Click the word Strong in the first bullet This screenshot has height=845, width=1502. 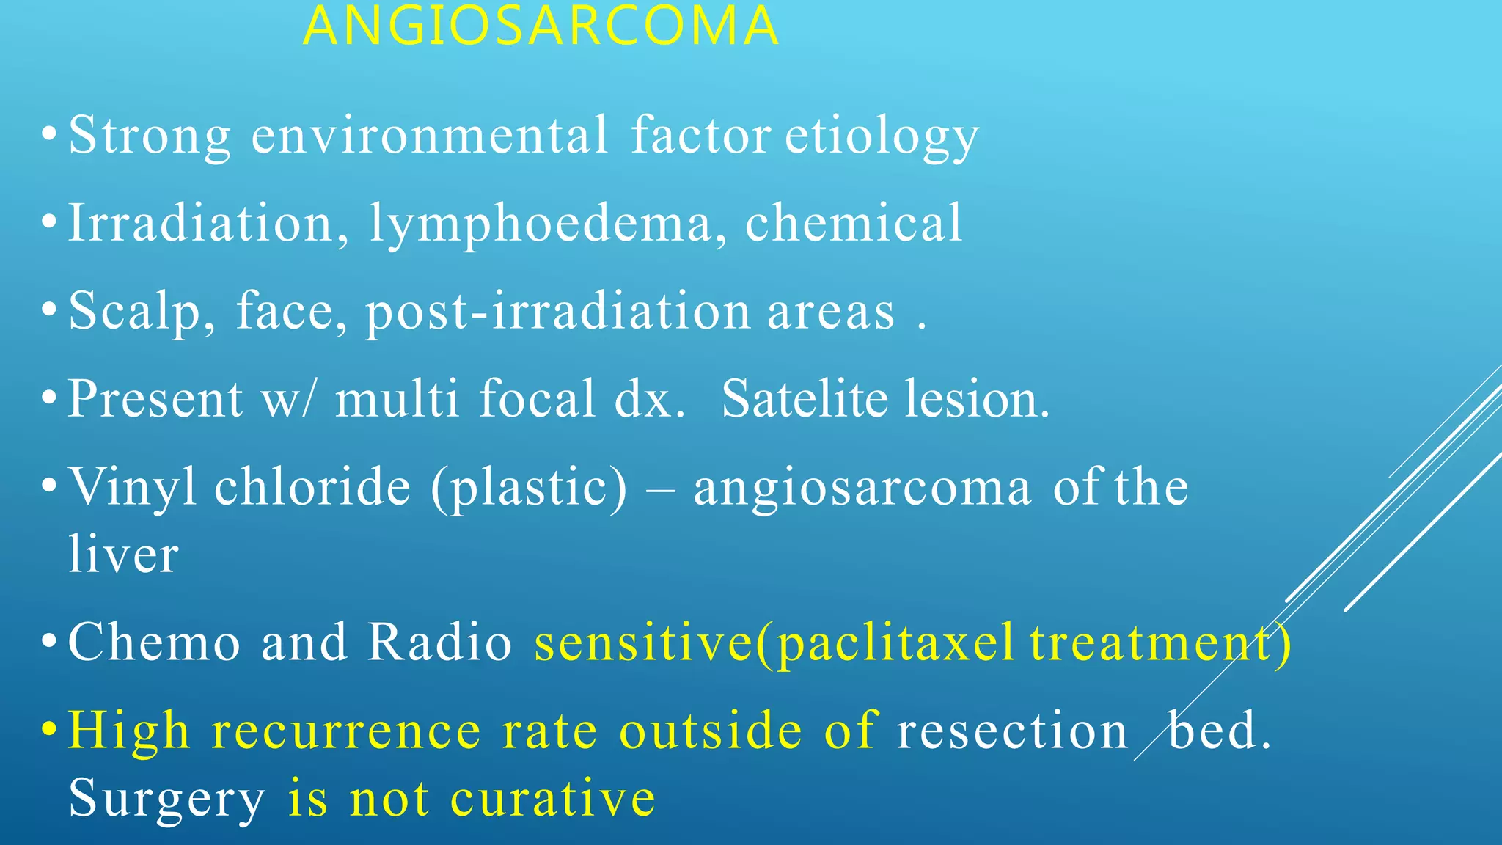coord(150,136)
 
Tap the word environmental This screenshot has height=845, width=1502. coord(429,136)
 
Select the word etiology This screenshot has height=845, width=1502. coord(882,137)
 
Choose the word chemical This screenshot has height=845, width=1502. coord(853,224)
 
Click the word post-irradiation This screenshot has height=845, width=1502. coord(557,312)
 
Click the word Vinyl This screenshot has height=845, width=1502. coord(132,488)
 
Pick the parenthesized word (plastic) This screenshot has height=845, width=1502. coord(529,489)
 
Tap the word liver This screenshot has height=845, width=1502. coord(123,555)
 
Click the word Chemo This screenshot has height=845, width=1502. coord(154,643)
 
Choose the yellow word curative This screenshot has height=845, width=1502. coord(552,799)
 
